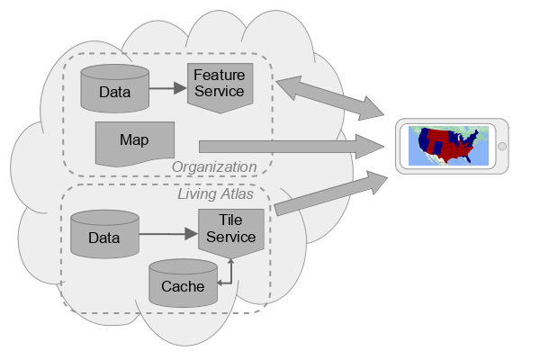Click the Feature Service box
pos(219,85)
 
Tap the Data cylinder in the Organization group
pos(114,88)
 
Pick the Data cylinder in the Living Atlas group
pos(104,235)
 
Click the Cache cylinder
pos(183,283)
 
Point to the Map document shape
pos(134,142)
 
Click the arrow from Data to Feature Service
pos(166,88)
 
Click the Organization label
pos(214,166)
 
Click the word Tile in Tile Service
pos(230,221)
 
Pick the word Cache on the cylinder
pos(183,287)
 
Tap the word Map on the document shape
pos(134,140)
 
